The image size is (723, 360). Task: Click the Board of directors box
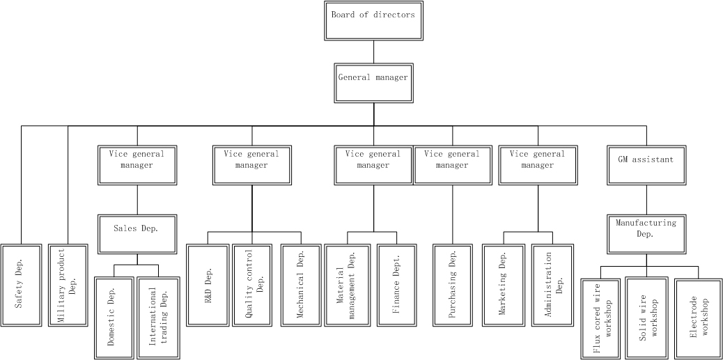coord(373,20)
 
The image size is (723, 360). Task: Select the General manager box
coord(373,81)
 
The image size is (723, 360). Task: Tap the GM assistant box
coord(646,164)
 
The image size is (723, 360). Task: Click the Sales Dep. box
coord(137,233)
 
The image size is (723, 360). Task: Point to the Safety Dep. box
coord(22,284)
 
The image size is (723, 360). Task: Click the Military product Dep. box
coord(68,284)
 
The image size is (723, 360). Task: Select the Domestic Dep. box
coord(114,318)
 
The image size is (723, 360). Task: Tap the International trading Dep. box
coord(159,318)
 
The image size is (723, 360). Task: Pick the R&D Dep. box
coord(207,284)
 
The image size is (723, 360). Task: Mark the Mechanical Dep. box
coord(302,284)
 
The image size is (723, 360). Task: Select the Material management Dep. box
coord(348,284)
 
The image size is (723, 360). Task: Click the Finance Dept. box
coord(397,284)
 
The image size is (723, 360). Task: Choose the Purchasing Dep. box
coord(453,284)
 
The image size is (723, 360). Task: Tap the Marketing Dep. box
coord(504,284)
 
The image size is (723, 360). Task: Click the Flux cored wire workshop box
coord(601,318)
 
